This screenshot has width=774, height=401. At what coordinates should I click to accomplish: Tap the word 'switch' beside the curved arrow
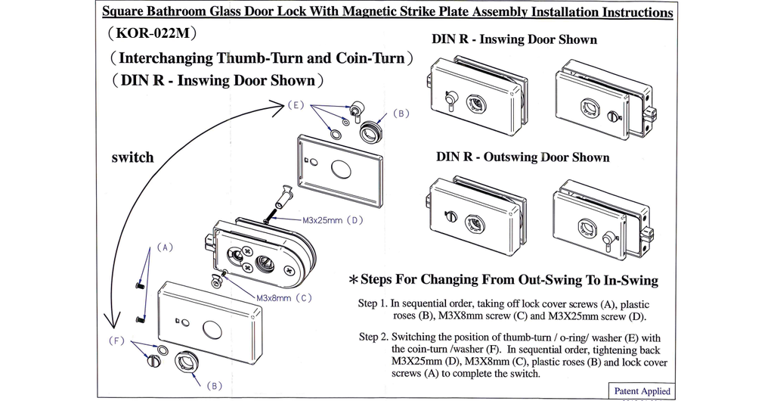pyautogui.click(x=132, y=157)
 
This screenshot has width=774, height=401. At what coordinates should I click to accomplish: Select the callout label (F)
pyautogui.click(x=116, y=340)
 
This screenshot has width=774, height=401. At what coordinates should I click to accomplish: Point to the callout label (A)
pyautogui.click(x=166, y=247)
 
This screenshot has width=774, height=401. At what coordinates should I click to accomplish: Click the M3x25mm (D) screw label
pyautogui.click(x=333, y=220)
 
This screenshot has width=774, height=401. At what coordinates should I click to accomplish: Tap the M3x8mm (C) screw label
pyautogui.click(x=283, y=297)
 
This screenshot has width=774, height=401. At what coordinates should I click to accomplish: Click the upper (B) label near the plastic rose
pyautogui.click(x=401, y=113)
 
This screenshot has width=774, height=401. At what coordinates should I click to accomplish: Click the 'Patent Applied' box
pyautogui.click(x=642, y=391)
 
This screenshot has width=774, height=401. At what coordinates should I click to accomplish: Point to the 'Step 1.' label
pyautogui.click(x=373, y=304)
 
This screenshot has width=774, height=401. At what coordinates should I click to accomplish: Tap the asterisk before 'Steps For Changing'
pyautogui.click(x=353, y=280)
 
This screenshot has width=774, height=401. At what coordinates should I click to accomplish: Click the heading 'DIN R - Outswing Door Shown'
pyautogui.click(x=522, y=157)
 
